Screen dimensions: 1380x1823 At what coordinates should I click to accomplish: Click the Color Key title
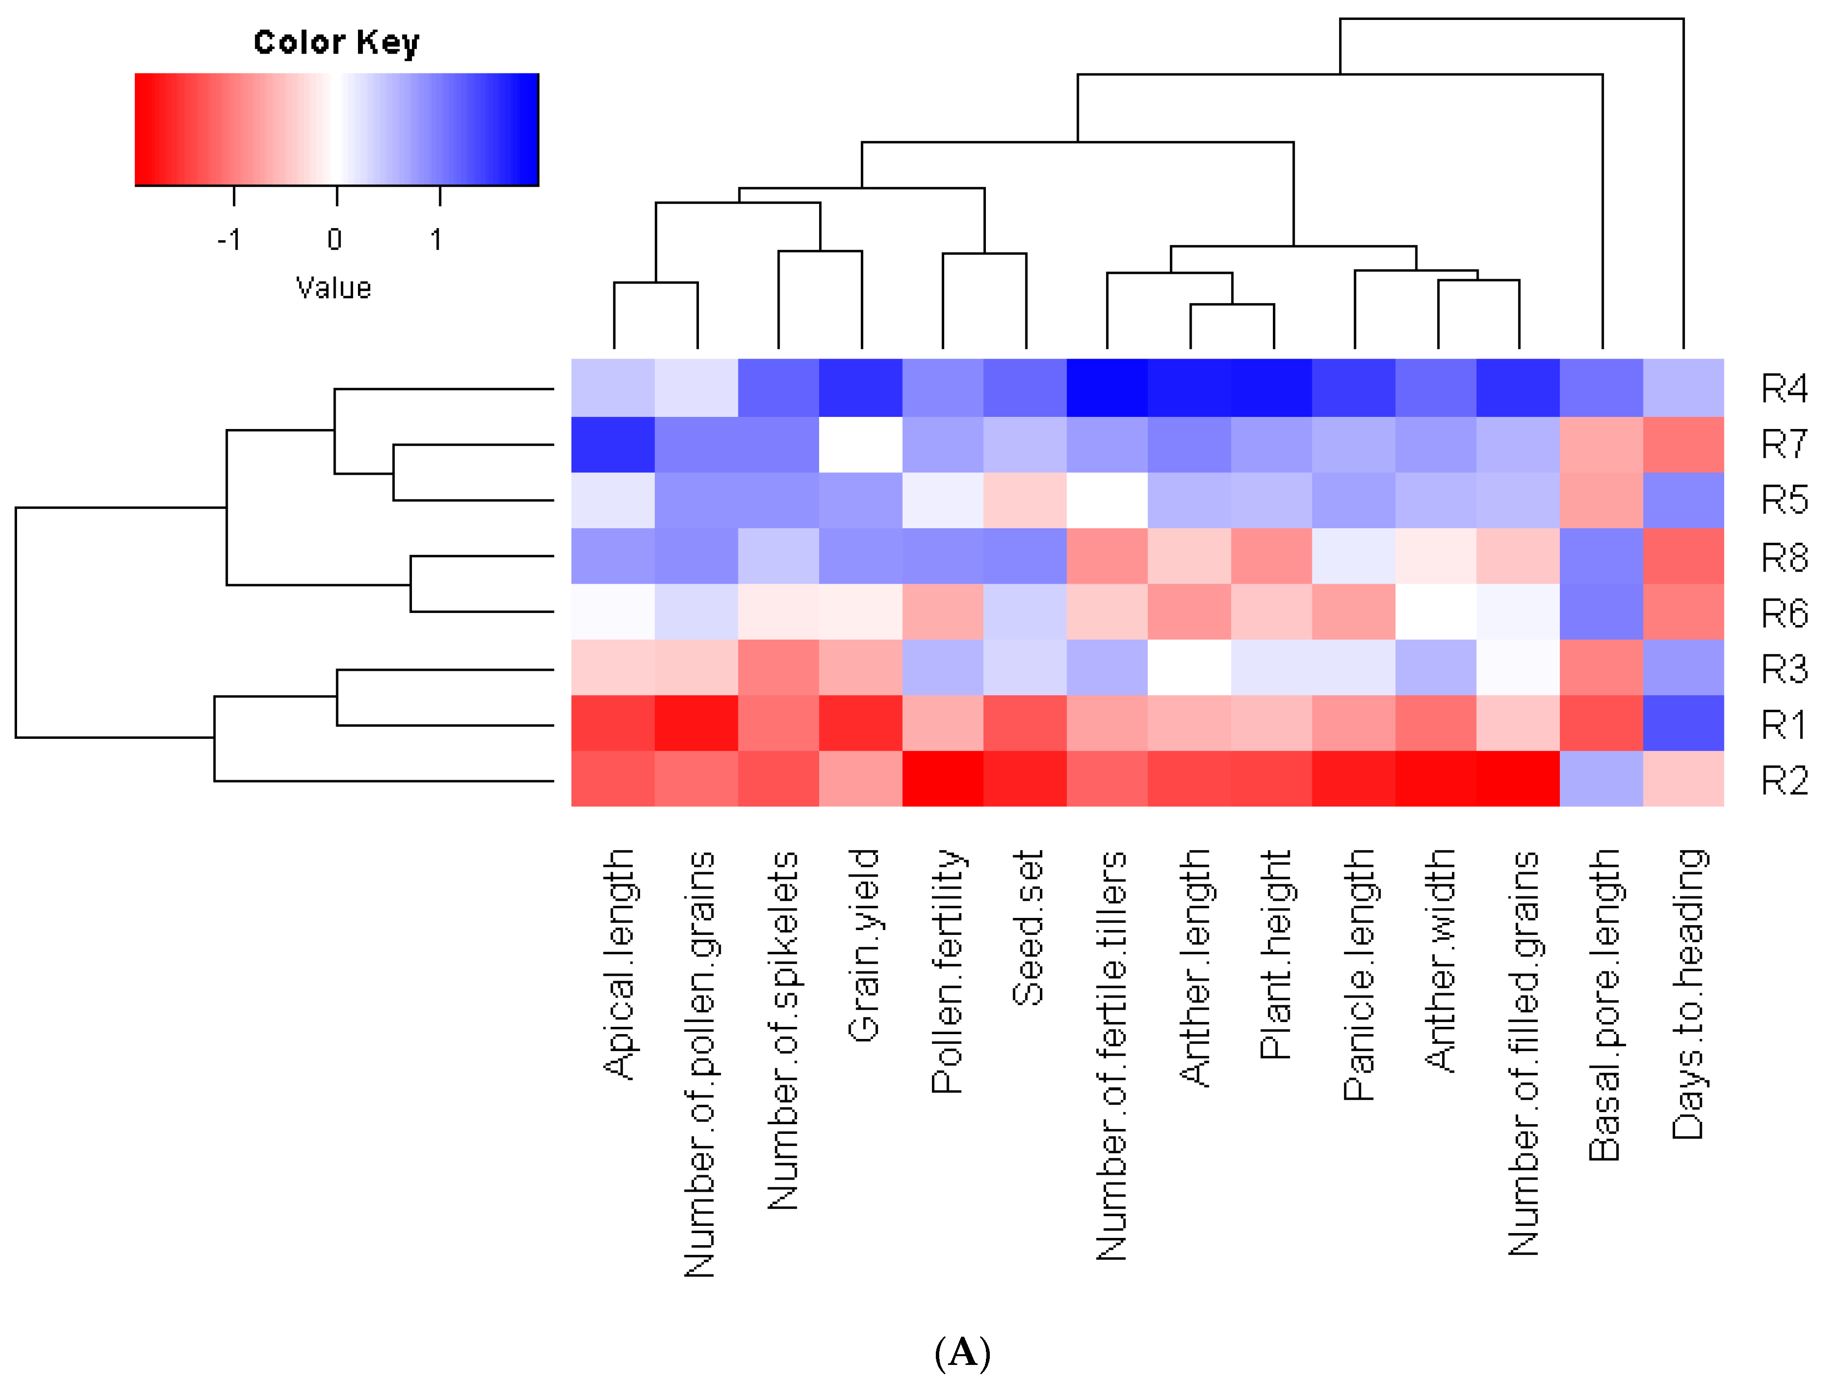[x=336, y=42]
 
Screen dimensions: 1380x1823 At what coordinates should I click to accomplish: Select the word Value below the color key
[x=334, y=287]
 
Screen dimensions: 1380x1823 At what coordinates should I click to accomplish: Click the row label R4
[x=1784, y=388]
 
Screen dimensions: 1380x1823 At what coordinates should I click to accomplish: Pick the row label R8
[x=1784, y=557]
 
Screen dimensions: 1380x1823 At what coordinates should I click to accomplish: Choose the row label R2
[x=1784, y=780]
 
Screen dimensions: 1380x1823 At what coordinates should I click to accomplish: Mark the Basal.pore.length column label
[x=1604, y=1004]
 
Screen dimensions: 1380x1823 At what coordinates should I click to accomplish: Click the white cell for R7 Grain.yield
[x=860, y=444]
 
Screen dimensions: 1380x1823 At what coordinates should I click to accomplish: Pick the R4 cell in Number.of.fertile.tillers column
[x=1107, y=388]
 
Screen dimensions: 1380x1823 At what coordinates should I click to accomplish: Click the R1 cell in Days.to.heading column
[x=1683, y=723]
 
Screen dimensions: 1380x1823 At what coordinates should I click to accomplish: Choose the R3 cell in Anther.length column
[x=1189, y=667]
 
